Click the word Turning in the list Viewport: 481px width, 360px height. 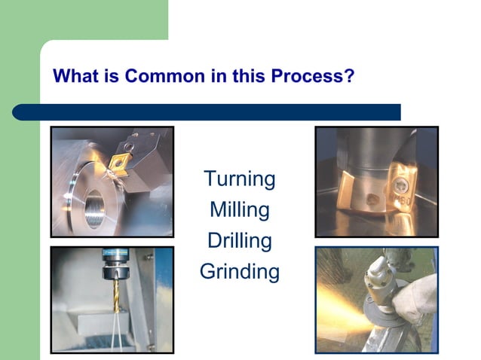(x=240, y=179)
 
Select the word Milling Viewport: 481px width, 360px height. (x=240, y=210)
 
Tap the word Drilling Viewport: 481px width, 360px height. (x=240, y=241)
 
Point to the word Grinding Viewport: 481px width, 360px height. (x=240, y=272)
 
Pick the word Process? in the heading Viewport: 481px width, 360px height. (x=318, y=76)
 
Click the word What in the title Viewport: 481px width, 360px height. (x=73, y=76)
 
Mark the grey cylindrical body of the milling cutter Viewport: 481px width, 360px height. (x=369, y=147)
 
